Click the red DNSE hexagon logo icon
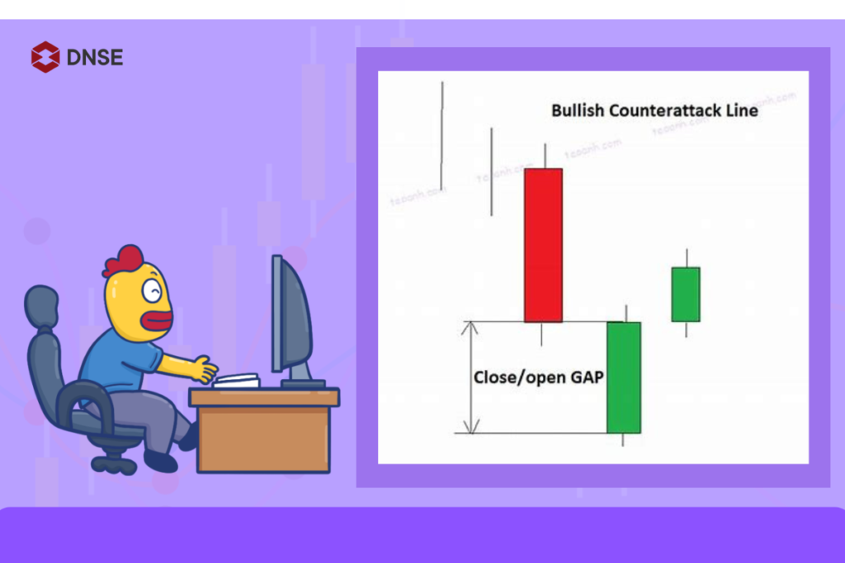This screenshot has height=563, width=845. (x=45, y=57)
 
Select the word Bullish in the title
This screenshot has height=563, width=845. (x=578, y=110)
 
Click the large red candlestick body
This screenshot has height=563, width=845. (x=543, y=245)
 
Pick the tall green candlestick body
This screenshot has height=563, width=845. (x=624, y=377)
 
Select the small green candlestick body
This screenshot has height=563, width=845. (x=685, y=294)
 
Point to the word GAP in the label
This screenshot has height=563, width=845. (x=583, y=378)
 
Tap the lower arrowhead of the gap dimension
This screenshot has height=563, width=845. (x=470, y=426)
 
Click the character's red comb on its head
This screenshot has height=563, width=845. (x=123, y=261)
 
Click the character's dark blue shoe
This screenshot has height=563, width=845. (x=160, y=461)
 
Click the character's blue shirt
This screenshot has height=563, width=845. (x=124, y=363)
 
